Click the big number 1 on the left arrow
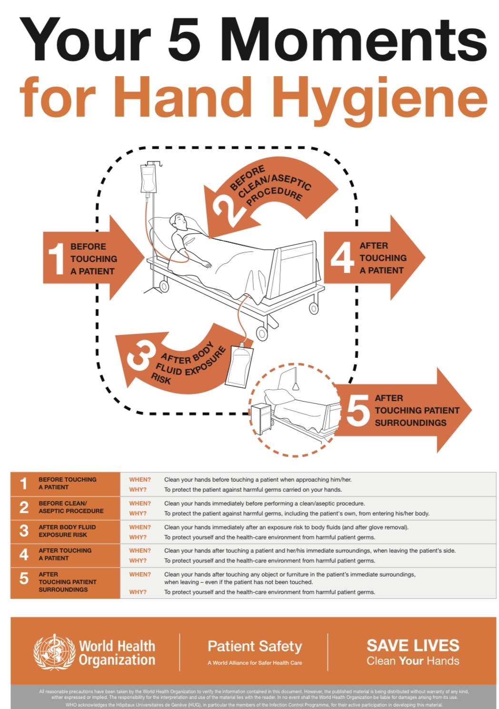tap(56, 259)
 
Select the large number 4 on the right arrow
tap(342, 258)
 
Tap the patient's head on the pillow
tap(180, 221)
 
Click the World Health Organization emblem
tap(54, 652)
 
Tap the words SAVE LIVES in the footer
tap(413, 646)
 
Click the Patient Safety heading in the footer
tap(255, 646)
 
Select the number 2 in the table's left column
tap(24, 507)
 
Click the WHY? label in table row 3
tap(138, 537)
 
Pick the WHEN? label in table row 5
tap(140, 574)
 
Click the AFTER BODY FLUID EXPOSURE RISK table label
tap(67, 531)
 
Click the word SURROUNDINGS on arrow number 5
tap(410, 423)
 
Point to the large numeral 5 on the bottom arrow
tap(358, 410)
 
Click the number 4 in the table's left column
tap(24, 555)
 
